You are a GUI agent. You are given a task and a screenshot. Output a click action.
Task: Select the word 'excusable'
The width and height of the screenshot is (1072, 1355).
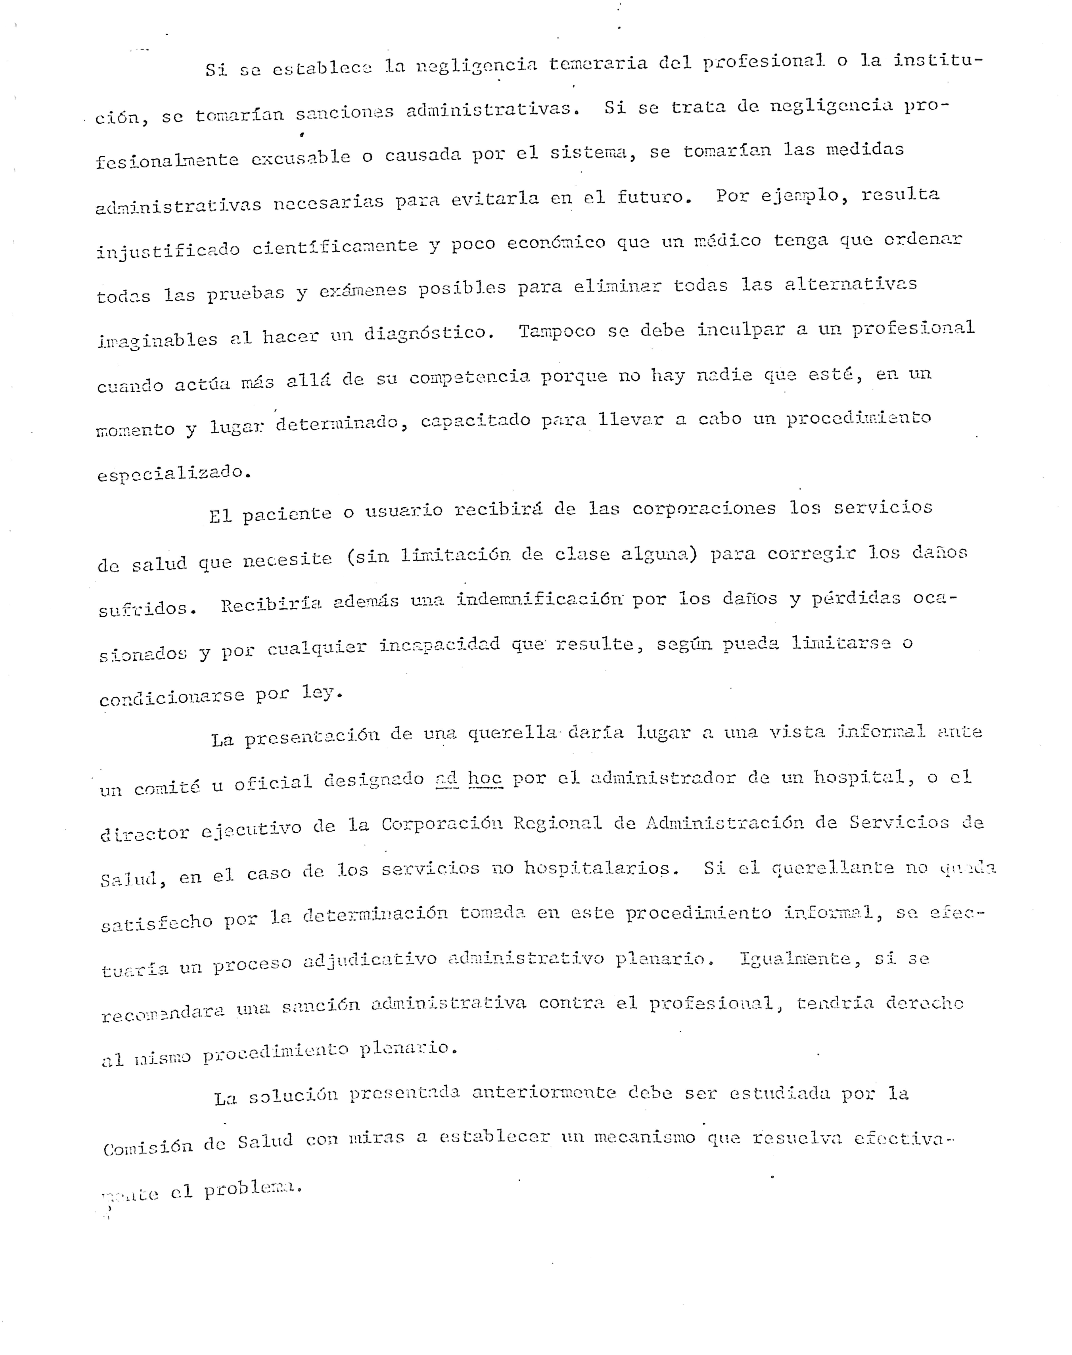click(x=301, y=157)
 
